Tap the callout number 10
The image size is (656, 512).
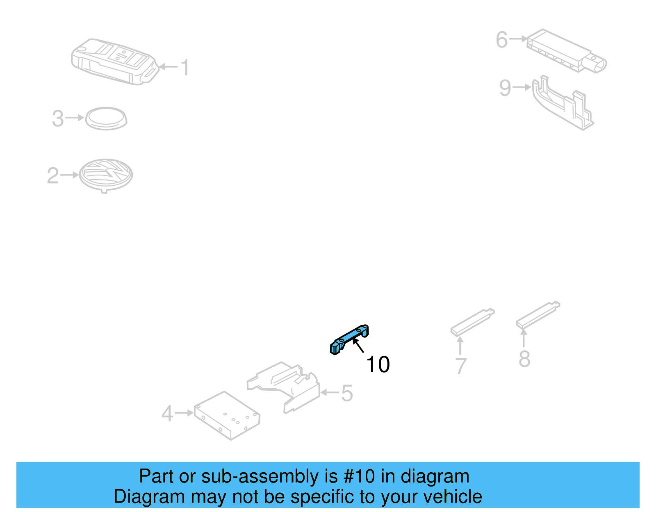[378, 364]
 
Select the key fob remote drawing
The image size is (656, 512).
[114, 61]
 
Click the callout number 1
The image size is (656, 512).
[185, 68]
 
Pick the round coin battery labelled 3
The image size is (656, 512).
[106, 118]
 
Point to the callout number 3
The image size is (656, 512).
[58, 119]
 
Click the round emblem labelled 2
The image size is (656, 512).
[106, 175]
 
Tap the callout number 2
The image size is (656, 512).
[53, 176]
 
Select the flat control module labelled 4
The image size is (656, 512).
[227, 415]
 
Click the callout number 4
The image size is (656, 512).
[167, 414]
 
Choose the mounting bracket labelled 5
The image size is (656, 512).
[285, 385]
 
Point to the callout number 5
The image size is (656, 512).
[347, 394]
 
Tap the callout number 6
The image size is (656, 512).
[502, 40]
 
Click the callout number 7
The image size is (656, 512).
[461, 366]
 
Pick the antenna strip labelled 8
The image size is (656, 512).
[538, 314]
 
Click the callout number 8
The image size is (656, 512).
[524, 359]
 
